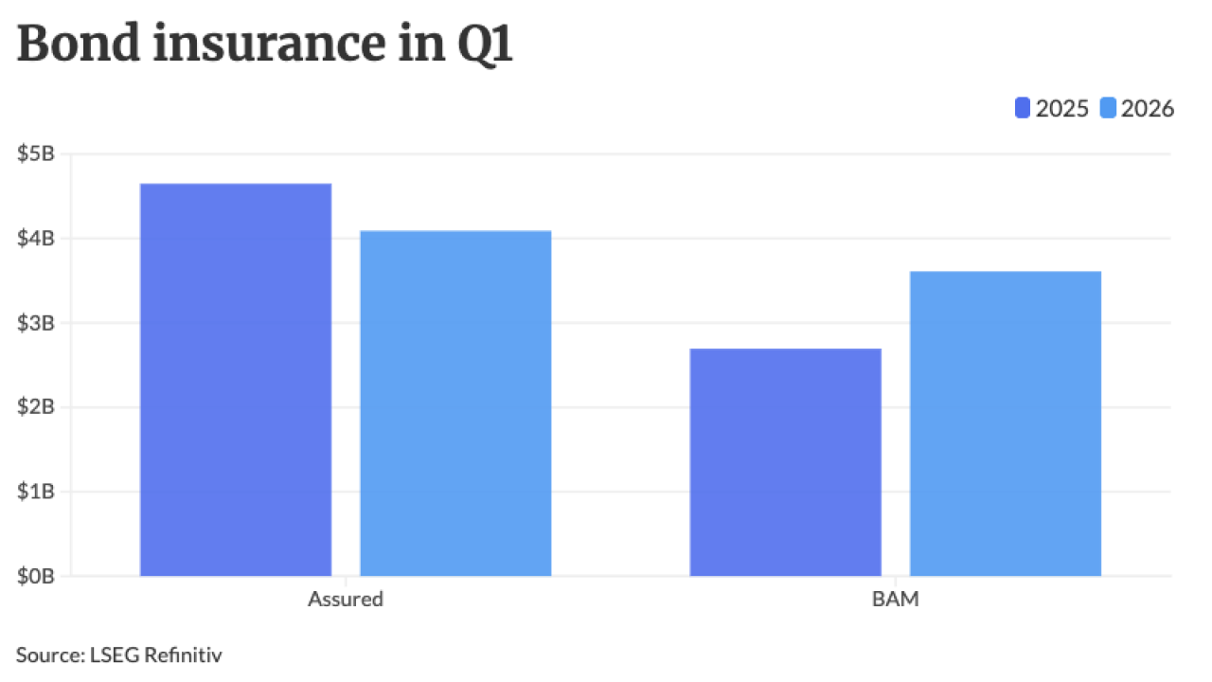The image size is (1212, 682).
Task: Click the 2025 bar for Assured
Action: tap(236, 379)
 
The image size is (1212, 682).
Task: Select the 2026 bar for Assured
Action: tap(455, 403)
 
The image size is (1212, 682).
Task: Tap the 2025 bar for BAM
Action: tap(786, 461)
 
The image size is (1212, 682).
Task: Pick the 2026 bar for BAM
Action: tap(1006, 423)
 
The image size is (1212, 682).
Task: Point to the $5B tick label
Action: tap(37, 153)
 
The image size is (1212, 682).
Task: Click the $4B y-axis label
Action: tap(37, 238)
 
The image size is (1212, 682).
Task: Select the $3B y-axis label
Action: tap(37, 322)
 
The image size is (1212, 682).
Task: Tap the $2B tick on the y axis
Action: tap(37, 406)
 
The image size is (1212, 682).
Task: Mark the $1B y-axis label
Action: tap(37, 491)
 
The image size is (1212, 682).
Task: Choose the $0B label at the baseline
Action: tap(37, 575)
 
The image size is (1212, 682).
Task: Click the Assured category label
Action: tap(346, 599)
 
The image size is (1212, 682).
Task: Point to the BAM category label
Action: tap(896, 599)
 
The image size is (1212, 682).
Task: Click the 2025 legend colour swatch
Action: tap(1023, 109)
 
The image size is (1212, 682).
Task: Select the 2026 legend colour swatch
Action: tap(1109, 109)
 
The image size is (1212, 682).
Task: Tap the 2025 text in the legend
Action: tap(1061, 109)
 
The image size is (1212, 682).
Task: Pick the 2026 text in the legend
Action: tap(1148, 109)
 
